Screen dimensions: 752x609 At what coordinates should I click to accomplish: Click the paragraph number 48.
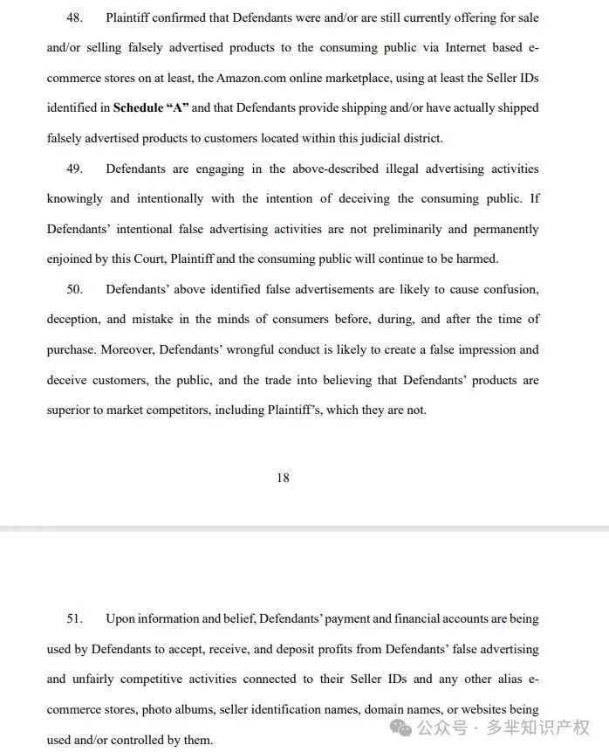76,17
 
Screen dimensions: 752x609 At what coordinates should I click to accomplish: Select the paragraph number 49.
76,169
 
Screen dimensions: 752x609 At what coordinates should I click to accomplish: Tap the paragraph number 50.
76,289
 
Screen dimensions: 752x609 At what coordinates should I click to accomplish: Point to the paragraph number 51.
76,619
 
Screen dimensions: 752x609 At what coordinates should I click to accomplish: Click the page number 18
283,478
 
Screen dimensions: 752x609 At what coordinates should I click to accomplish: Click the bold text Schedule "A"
151,108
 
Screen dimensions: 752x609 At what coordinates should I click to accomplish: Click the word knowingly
74,198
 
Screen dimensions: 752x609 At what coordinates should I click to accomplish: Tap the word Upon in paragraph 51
120,619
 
